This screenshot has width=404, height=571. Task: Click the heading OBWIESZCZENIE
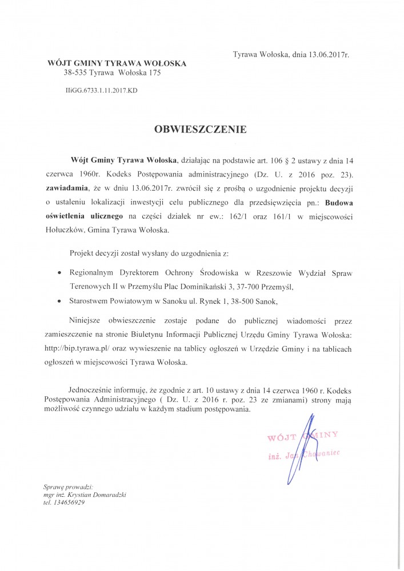pos(200,130)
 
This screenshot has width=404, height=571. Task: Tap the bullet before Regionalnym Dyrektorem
pos(62,274)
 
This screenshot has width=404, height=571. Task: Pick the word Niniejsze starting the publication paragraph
pos(87,320)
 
